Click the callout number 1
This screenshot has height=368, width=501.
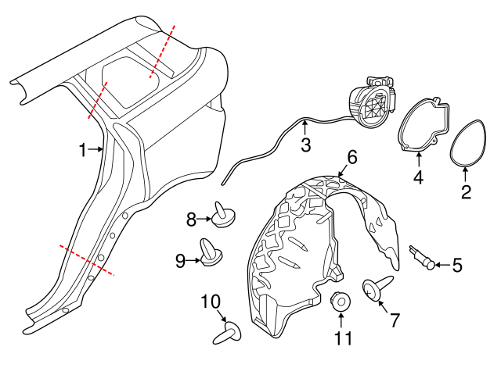(x=83, y=149)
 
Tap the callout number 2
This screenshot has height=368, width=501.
(x=466, y=190)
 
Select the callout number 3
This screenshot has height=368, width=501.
(x=305, y=145)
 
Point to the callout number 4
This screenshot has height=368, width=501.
(x=418, y=177)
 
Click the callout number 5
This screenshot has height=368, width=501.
(x=457, y=266)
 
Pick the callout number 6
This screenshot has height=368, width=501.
(x=352, y=157)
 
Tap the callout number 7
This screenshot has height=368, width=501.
(x=395, y=320)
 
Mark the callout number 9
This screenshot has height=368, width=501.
(x=181, y=261)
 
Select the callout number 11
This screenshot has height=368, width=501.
(x=341, y=339)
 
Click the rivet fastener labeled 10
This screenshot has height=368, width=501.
(x=226, y=335)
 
